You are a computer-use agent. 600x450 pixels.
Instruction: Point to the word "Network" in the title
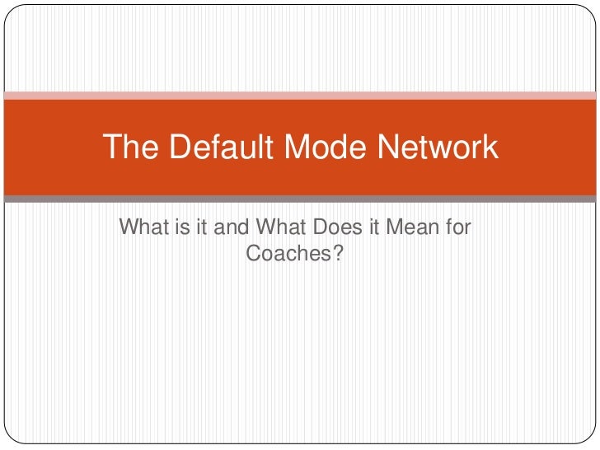tap(437, 148)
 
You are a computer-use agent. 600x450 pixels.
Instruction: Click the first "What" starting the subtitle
tap(142, 227)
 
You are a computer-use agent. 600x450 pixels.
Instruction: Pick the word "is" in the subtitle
tap(179, 227)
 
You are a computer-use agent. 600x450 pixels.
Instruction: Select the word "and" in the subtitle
tap(231, 227)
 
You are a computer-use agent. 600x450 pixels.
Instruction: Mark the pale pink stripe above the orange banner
tap(300, 95)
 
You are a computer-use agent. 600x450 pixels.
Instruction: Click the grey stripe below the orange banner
tap(300, 199)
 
